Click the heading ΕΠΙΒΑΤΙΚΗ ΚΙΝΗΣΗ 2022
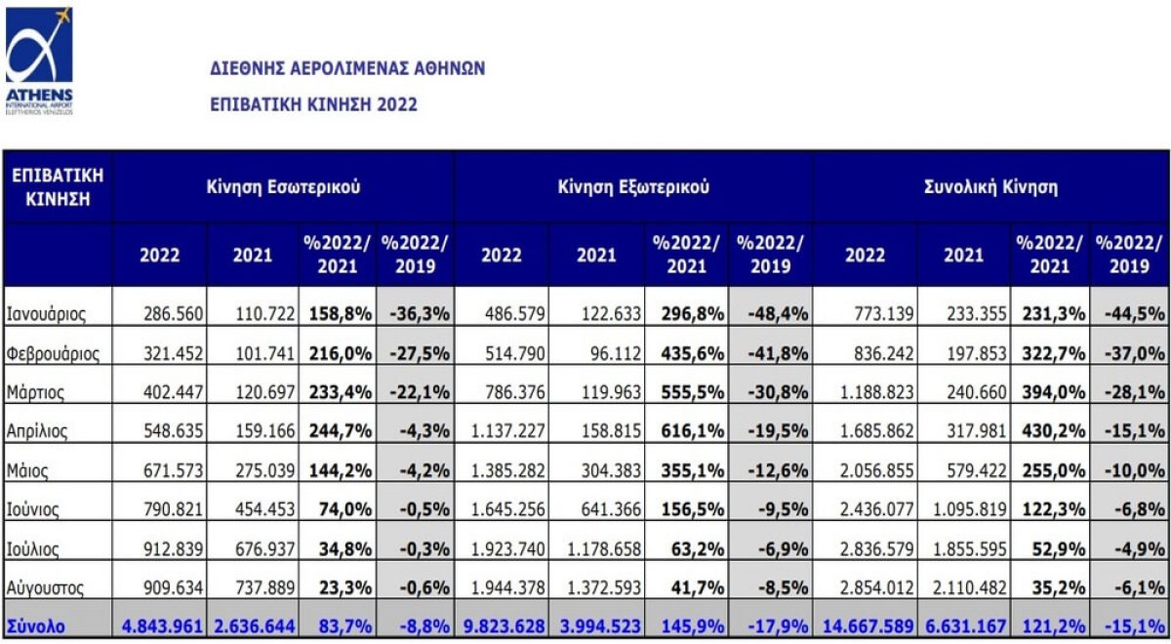pos(313,104)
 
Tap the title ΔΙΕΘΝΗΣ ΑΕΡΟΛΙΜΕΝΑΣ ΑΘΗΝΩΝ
pos(347,69)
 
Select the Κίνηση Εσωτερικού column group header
pos(283,187)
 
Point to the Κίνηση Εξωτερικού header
pos(633,187)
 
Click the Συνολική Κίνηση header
pos(990,187)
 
